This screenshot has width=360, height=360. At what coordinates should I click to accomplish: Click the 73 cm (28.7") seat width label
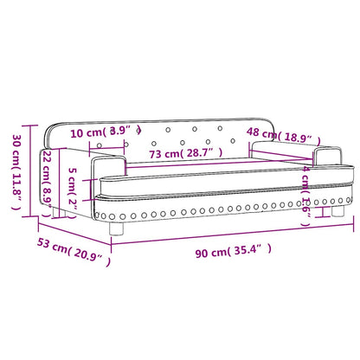(183, 153)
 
